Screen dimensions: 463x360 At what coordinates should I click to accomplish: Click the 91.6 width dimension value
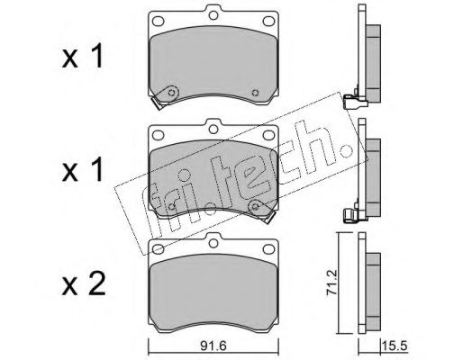(213, 346)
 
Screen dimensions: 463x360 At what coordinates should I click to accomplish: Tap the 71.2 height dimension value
(333, 283)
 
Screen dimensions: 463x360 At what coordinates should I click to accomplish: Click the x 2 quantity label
(84, 285)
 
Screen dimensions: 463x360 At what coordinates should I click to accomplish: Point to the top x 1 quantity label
(83, 57)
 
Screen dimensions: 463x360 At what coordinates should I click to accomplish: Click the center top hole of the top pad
(213, 15)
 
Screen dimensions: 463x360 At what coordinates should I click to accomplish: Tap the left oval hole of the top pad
(159, 21)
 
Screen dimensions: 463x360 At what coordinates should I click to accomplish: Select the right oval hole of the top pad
(268, 21)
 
